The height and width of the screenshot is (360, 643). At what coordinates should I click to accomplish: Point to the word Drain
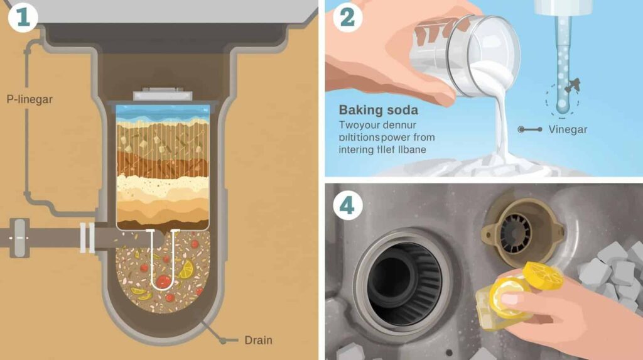click(x=258, y=341)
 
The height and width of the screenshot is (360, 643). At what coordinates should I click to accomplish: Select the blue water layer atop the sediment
click(x=163, y=112)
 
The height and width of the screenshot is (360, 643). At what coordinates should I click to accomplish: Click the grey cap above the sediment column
click(x=163, y=94)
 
